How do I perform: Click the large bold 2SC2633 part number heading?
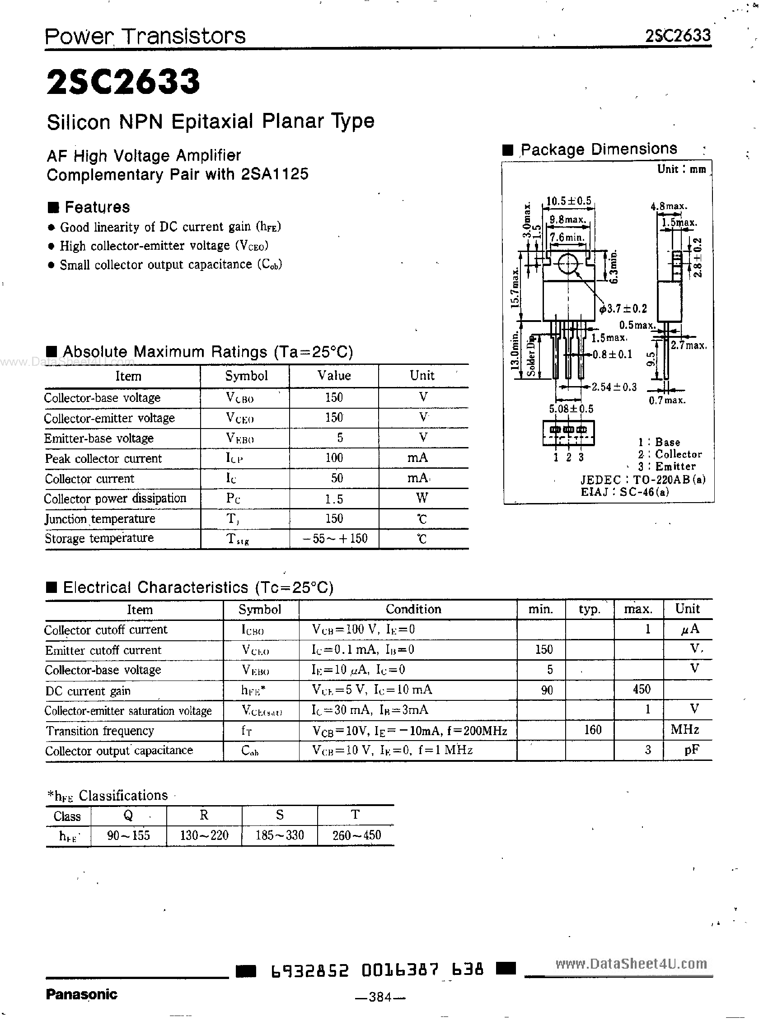coord(123,82)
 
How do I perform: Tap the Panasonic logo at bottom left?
coord(81,994)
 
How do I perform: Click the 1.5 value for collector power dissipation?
coord(334,499)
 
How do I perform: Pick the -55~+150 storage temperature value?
coord(334,538)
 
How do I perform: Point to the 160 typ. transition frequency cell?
coord(592,730)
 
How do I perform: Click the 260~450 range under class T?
coord(356,835)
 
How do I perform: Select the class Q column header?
coord(128,815)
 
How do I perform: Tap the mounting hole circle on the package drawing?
coord(568,264)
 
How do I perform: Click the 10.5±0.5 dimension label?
coord(569,201)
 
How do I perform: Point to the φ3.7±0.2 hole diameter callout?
coord(623,308)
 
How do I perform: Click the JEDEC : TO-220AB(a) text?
coord(643,480)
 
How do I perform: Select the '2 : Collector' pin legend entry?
coord(670,454)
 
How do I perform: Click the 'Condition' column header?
coord(413,609)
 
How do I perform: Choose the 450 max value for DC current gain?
coord(642,690)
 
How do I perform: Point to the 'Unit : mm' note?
coord(681,169)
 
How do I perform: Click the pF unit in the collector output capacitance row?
coord(692,750)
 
